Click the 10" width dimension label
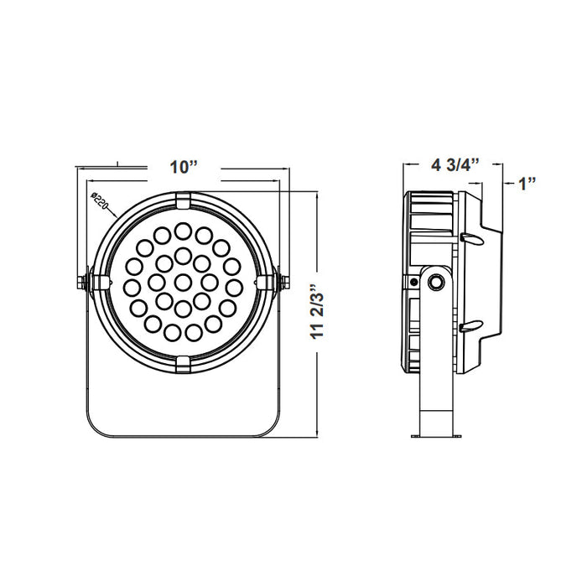[182, 167]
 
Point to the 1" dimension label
[527, 183]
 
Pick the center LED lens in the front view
[184, 280]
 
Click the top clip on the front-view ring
[183, 200]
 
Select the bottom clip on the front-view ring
[183, 362]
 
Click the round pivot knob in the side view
[434, 283]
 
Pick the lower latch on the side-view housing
[470, 325]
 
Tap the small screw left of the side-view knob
[414, 283]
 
